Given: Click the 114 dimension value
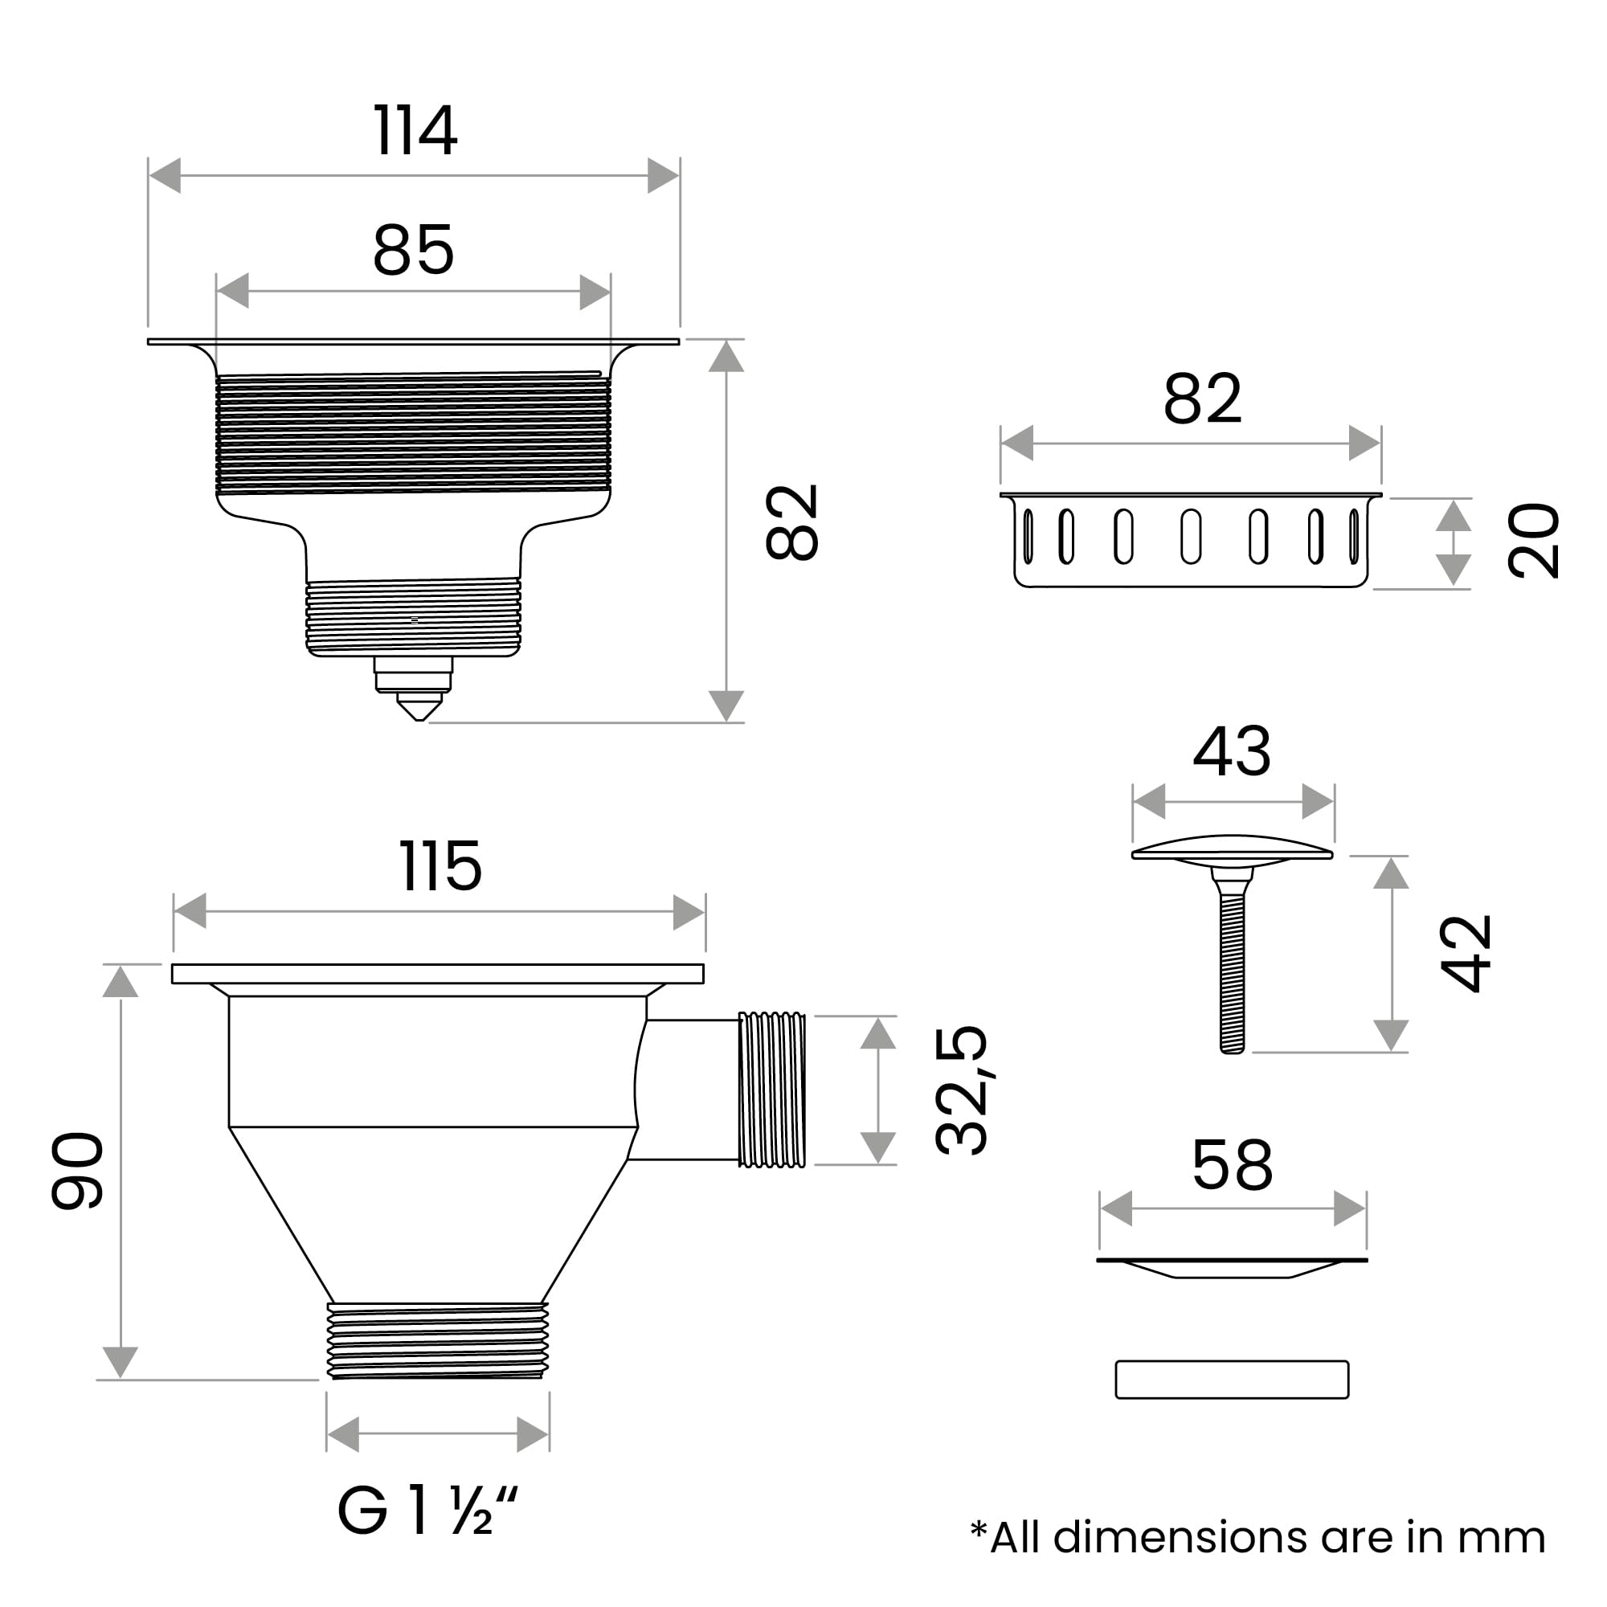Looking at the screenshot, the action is pos(415,131).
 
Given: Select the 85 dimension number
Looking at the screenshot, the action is pos(413,250).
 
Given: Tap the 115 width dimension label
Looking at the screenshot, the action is pos(440,866).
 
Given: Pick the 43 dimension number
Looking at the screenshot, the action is pos(1232,751).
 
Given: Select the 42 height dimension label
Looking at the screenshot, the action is pos(1466,953).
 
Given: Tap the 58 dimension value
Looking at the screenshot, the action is pos(1232,1165).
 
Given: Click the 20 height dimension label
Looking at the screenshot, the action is pos(1533,541).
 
